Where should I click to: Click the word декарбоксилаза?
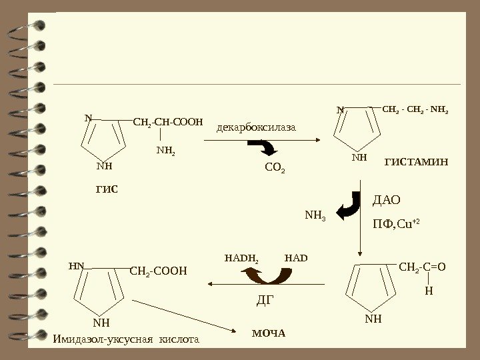tap(255, 127)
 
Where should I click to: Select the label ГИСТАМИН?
tap(417, 162)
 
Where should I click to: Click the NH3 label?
tap(315, 215)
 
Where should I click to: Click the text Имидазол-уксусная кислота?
tap(125, 339)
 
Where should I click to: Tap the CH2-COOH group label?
tap(159, 270)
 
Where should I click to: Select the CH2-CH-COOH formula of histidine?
tap(167, 122)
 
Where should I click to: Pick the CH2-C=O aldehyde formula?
tap(422, 267)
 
